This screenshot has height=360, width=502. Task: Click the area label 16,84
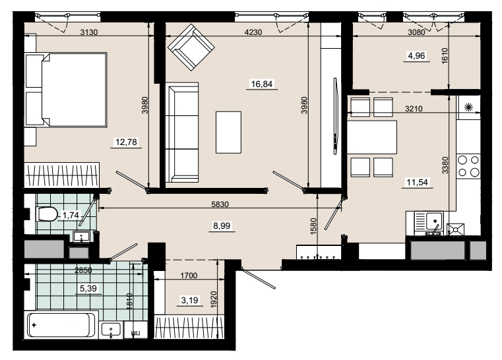pyautogui.click(x=262, y=84)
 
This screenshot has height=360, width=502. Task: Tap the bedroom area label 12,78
pyautogui.click(x=126, y=142)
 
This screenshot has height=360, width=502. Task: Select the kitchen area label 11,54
pyautogui.click(x=417, y=183)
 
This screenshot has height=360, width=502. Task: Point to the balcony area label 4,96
pyautogui.click(x=416, y=56)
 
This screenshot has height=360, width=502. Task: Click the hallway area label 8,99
pyautogui.click(x=222, y=226)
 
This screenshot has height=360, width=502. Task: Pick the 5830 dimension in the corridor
pyautogui.click(x=220, y=204)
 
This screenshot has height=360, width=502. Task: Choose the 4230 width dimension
pyautogui.click(x=253, y=32)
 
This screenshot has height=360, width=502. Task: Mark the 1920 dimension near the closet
pyautogui.click(x=214, y=299)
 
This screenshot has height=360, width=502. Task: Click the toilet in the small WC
pyautogui.click(x=47, y=214)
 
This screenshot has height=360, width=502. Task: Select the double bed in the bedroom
pyautogui.click(x=66, y=90)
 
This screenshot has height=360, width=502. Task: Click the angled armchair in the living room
pyautogui.click(x=191, y=47)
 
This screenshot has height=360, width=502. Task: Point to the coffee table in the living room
pyautogui.click(x=228, y=132)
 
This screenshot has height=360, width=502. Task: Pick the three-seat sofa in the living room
pyautogui.click(x=182, y=133)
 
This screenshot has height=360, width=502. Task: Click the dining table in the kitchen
pyautogui.click(x=372, y=137)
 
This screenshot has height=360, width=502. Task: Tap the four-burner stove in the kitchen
pyautogui.click(x=468, y=165)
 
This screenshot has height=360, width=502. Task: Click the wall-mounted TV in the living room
pyautogui.click(x=336, y=116)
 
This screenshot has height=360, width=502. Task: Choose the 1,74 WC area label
pyautogui.click(x=71, y=215)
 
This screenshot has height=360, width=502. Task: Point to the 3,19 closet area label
pyautogui.click(x=189, y=300)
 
